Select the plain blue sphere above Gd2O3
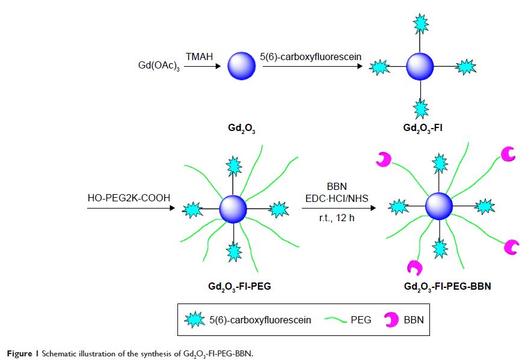242,66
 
